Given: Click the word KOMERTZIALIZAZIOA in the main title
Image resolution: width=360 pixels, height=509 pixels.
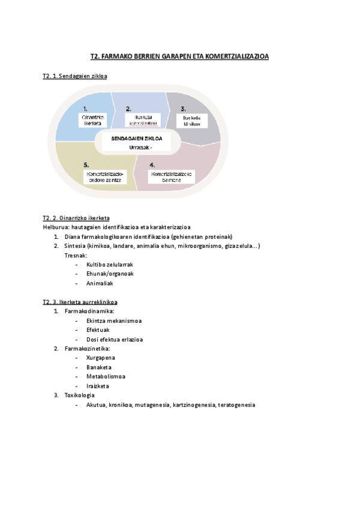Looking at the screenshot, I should click(237, 56).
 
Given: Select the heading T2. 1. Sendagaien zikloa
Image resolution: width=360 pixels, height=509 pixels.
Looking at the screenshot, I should click(74, 76).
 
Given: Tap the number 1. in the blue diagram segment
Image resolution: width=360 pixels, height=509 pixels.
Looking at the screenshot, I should click(86, 109).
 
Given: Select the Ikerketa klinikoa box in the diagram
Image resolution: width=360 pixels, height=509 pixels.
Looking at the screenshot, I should click(191, 121).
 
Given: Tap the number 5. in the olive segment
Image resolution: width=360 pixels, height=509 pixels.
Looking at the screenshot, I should click(86, 164).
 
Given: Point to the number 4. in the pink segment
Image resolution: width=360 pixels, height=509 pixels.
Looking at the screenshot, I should click(152, 164).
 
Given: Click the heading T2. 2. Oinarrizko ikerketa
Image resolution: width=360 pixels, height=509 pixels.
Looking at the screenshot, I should click(76, 218).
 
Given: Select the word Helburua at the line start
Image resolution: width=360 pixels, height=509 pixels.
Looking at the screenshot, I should click(56, 227).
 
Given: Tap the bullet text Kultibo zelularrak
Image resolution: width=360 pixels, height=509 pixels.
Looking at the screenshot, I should click(109, 264).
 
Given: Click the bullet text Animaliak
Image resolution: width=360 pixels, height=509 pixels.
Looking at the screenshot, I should click(100, 283).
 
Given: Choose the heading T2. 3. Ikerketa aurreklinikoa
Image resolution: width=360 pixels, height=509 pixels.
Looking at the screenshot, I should click(80, 301).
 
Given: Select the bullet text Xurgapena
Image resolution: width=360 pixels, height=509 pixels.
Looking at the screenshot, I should click(101, 358).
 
